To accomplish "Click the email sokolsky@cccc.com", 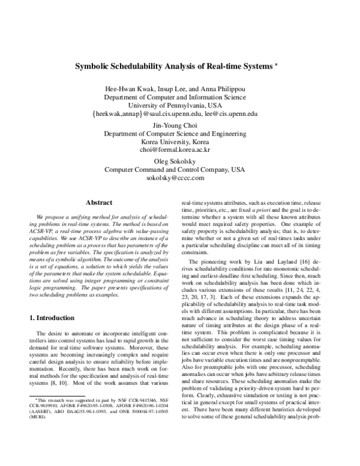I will click(180, 178).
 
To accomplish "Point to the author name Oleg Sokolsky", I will click(180, 162).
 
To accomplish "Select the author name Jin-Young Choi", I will click(180, 125).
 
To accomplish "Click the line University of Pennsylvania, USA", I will click(180, 104).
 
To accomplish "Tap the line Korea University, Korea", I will click(180, 142).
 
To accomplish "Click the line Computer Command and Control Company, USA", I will click(180, 170).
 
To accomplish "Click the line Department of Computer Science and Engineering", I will click(180, 133).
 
